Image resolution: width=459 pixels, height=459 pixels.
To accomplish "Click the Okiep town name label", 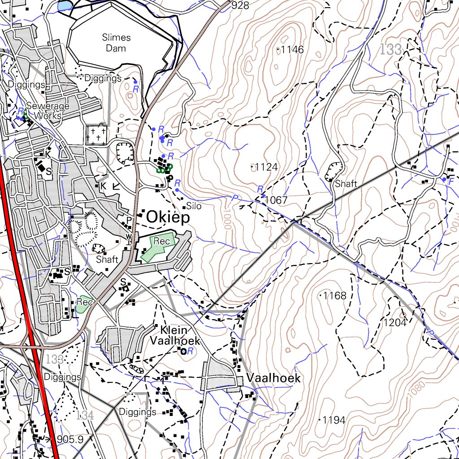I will click(x=168, y=217).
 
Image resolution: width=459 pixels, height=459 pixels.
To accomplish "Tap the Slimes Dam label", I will click(x=116, y=43).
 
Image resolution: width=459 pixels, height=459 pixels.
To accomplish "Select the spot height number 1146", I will click(x=292, y=50).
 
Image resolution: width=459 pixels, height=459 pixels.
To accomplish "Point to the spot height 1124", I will click(x=266, y=167).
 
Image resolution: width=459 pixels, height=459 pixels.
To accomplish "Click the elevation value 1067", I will click(x=276, y=200).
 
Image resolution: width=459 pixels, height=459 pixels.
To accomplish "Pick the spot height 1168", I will click(x=335, y=295).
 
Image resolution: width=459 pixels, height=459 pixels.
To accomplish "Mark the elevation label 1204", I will click(x=394, y=322).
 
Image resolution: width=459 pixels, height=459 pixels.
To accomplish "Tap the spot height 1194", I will click(x=334, y=420).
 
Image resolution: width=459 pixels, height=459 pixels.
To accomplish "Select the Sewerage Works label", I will click(x=48, y=111).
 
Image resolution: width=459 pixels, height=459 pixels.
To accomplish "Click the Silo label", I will click(x=194, y=207).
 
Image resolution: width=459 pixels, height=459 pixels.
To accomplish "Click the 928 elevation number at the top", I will click(x=241, y=5).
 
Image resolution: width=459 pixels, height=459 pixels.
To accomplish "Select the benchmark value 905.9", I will click(x=70, y=440).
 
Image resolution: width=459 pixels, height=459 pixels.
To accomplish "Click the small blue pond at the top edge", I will click(x=64, y=5).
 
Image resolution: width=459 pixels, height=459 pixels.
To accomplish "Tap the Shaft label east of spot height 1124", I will click(x=346, y=184).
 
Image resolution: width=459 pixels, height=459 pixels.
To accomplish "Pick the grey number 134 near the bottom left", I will click(x=85, y=415).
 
